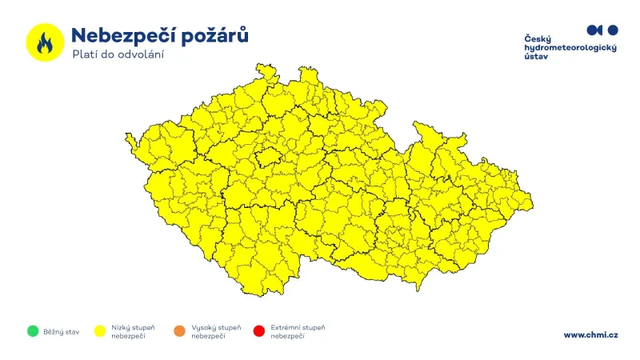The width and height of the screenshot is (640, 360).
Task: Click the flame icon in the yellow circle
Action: coord(45,42)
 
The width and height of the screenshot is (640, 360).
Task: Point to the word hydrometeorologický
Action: coord(570,48)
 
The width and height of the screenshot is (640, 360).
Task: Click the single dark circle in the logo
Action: coord(613,30)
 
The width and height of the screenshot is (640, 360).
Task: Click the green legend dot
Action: coord(33,330)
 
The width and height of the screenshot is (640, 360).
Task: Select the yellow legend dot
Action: coord(101,330)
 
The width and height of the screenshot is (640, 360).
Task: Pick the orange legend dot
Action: coord(180,330)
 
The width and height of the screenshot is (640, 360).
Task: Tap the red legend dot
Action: coord(258,330)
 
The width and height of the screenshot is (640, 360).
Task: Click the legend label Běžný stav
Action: coord(62,330)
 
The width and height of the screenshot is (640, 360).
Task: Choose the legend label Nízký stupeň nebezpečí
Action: coord(133,331)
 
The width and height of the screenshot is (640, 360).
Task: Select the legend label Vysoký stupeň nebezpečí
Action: coord(215,331)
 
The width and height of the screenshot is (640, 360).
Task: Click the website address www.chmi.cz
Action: coord(590,334)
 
